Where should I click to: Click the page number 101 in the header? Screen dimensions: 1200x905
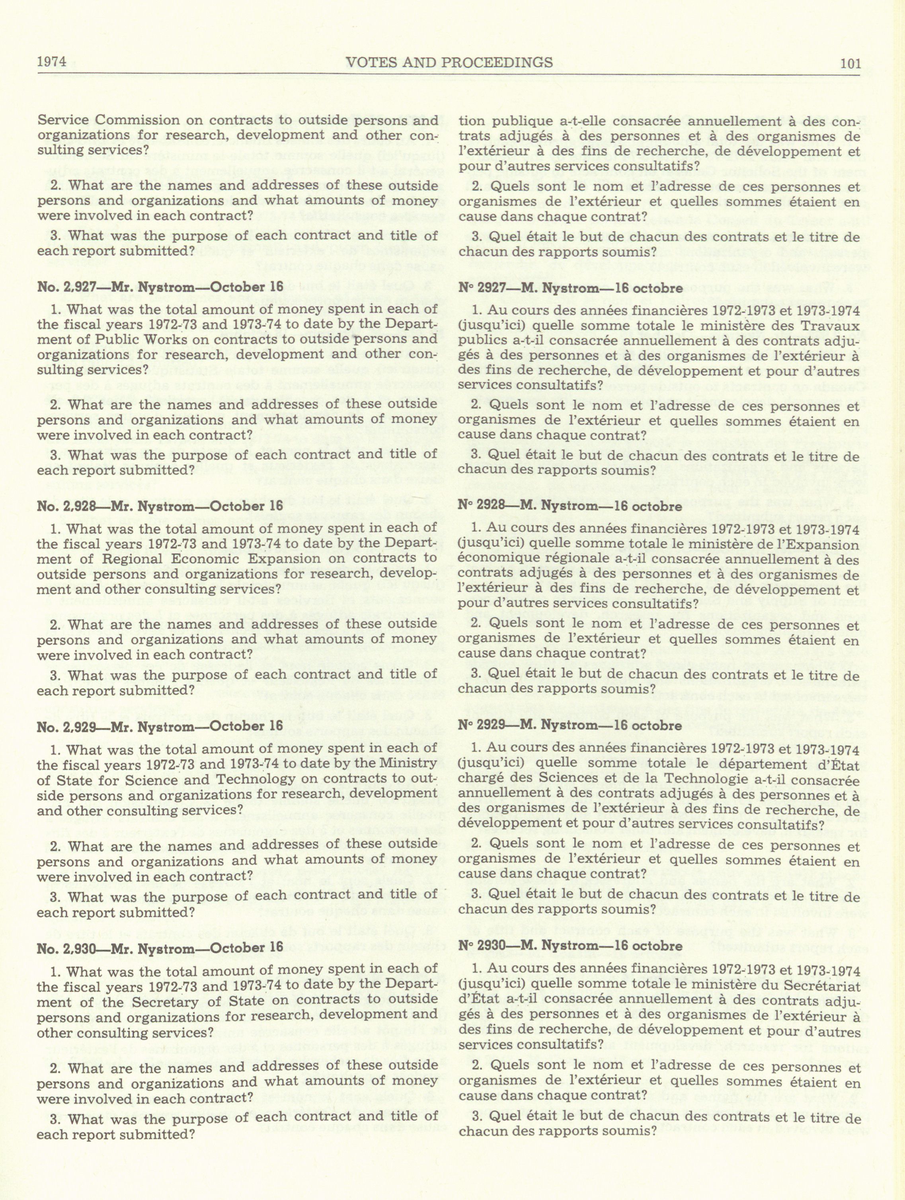click(850, 63)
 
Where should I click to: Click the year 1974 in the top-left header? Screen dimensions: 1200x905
click(51, 61)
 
